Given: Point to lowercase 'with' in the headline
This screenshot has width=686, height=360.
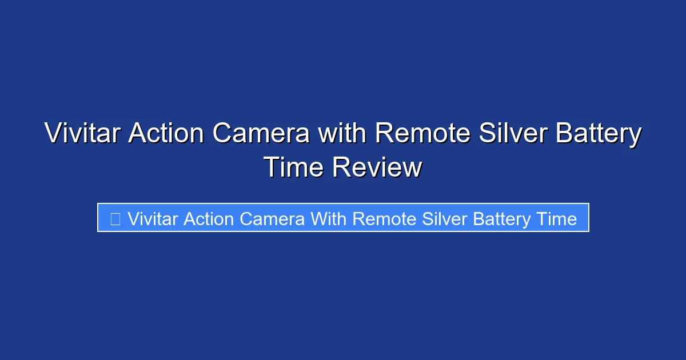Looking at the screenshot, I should [342, 134].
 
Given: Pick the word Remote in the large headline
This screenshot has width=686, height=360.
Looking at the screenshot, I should [423, 134].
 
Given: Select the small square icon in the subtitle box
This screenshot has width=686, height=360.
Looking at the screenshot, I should [115, 219].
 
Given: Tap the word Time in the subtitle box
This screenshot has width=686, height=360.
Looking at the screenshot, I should [557, 219].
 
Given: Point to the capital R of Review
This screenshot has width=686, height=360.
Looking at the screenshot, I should [341, 168].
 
